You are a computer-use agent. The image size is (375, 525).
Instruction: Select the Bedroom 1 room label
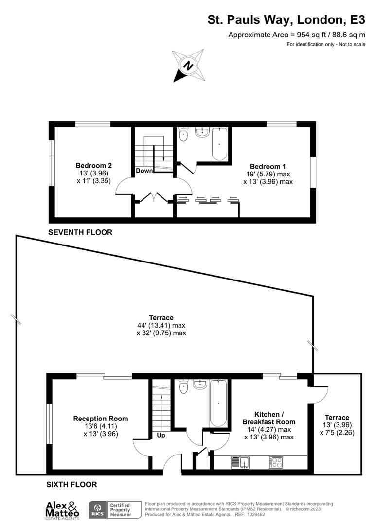click(x=268, y=166)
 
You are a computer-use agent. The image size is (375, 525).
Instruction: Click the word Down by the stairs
click(x=144, y=171)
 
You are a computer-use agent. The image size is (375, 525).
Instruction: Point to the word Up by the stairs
click(x=161, y=435)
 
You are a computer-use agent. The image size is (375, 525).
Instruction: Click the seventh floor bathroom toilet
click(x=183, y=134)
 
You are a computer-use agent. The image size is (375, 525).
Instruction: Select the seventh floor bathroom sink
click(x=202, y=132)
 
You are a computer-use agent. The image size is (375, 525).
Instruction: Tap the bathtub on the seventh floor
click(x=219, y=144)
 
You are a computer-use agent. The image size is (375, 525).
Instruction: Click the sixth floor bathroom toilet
click(x=183, y=387)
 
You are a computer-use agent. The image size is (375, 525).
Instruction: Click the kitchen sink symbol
click(x=240, y=462)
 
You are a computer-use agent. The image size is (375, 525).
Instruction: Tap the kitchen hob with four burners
click(x=277, y=462)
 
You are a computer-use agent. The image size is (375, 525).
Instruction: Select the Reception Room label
click(x=101, y=419)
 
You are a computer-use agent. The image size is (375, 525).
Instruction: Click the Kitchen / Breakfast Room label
click(x=268, y=418)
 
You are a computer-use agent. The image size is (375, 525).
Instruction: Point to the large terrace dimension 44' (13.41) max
click(x=161, y=325)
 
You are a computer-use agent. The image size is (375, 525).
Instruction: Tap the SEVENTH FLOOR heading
click(x=80, y=232)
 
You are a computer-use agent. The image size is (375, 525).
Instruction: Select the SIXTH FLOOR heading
click(x=71, y=484)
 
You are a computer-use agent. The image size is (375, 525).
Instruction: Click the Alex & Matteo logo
click(x=62, y=509)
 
